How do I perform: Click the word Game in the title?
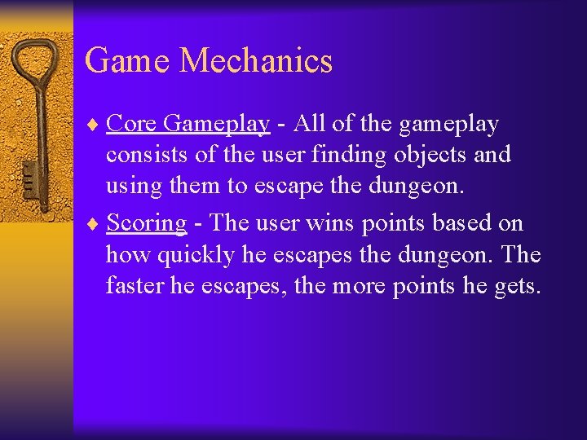[x=126, y=61]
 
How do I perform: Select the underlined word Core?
[x=130, y=124]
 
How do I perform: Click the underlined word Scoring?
[x=147, y=223]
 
